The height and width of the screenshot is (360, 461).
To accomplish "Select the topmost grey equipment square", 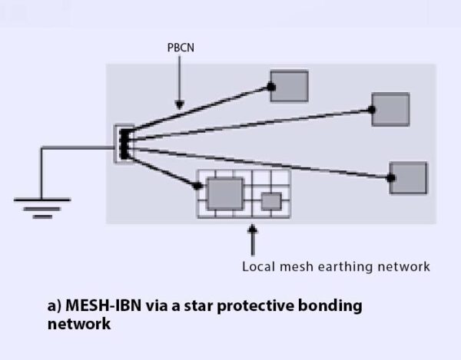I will tap(290, 86).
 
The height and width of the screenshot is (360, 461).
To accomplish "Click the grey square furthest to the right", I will tap(408, 178).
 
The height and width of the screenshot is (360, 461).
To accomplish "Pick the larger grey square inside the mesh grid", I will tap(225, 193).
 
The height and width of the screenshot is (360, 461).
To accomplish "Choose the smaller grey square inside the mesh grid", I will tap(270, 201).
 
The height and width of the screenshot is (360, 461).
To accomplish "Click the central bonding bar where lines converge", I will tap(124, 143).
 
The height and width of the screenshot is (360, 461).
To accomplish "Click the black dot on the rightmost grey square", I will tap(391, 178).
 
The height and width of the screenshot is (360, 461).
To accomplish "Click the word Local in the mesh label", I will tap(258, 267).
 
